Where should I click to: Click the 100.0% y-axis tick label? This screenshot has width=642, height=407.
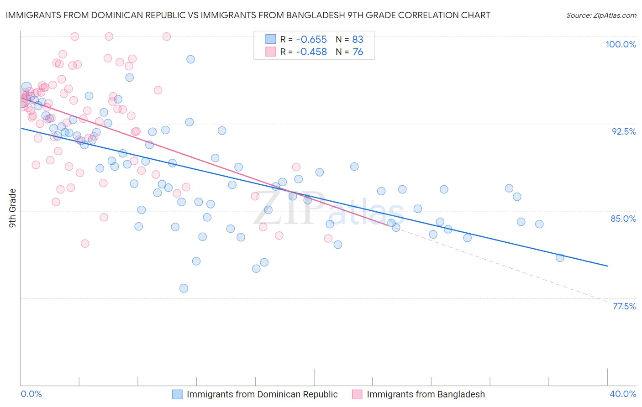pyautogui.click(x=621, y=44)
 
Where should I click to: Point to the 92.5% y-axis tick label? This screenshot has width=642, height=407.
pyautogui.click(x=624, y=131)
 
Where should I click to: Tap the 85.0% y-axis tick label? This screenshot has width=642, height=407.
pyautogui.click(x=623, y=219)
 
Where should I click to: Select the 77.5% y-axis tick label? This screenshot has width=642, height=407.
pyautogui.click(x=624, y=306)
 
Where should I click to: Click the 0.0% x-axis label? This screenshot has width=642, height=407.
pyautogui.click(x=32, y=394)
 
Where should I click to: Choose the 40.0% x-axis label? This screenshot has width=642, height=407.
pyautogui.click(x=623, y=394)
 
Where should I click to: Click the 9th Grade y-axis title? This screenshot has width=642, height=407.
pyautogui.click(x=13, y=208)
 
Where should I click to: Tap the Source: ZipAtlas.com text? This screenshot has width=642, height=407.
pyautogui.click(x=601, y=16)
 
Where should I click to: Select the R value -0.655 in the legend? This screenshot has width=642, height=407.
pyautogui.click(x=311, y=39)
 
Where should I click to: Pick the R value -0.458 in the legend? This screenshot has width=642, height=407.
pyautogui.click(x=311, y=52)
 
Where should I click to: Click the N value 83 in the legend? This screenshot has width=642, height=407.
pyautogui.click(x=358, y=39)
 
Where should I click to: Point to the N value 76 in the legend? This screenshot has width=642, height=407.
pyautogui.click(x=358, y=52)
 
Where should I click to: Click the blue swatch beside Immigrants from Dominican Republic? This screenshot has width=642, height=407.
pyautogui.click(x=178, y=394)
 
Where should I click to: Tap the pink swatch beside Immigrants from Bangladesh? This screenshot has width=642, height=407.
pyautogui.click(x=357, y=394)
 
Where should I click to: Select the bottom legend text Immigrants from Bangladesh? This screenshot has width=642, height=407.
pyautogui.click(x=426, y=394)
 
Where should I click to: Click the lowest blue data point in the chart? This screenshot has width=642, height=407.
pyautogui.click(x=184, y=288)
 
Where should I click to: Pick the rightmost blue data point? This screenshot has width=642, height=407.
pyautogui.click(x=560, y=258)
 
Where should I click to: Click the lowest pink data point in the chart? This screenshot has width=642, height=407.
pyautogui.click(x=85, y=244)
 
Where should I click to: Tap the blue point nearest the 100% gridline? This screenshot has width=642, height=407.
pyautogui.click(x=190, y=59)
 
